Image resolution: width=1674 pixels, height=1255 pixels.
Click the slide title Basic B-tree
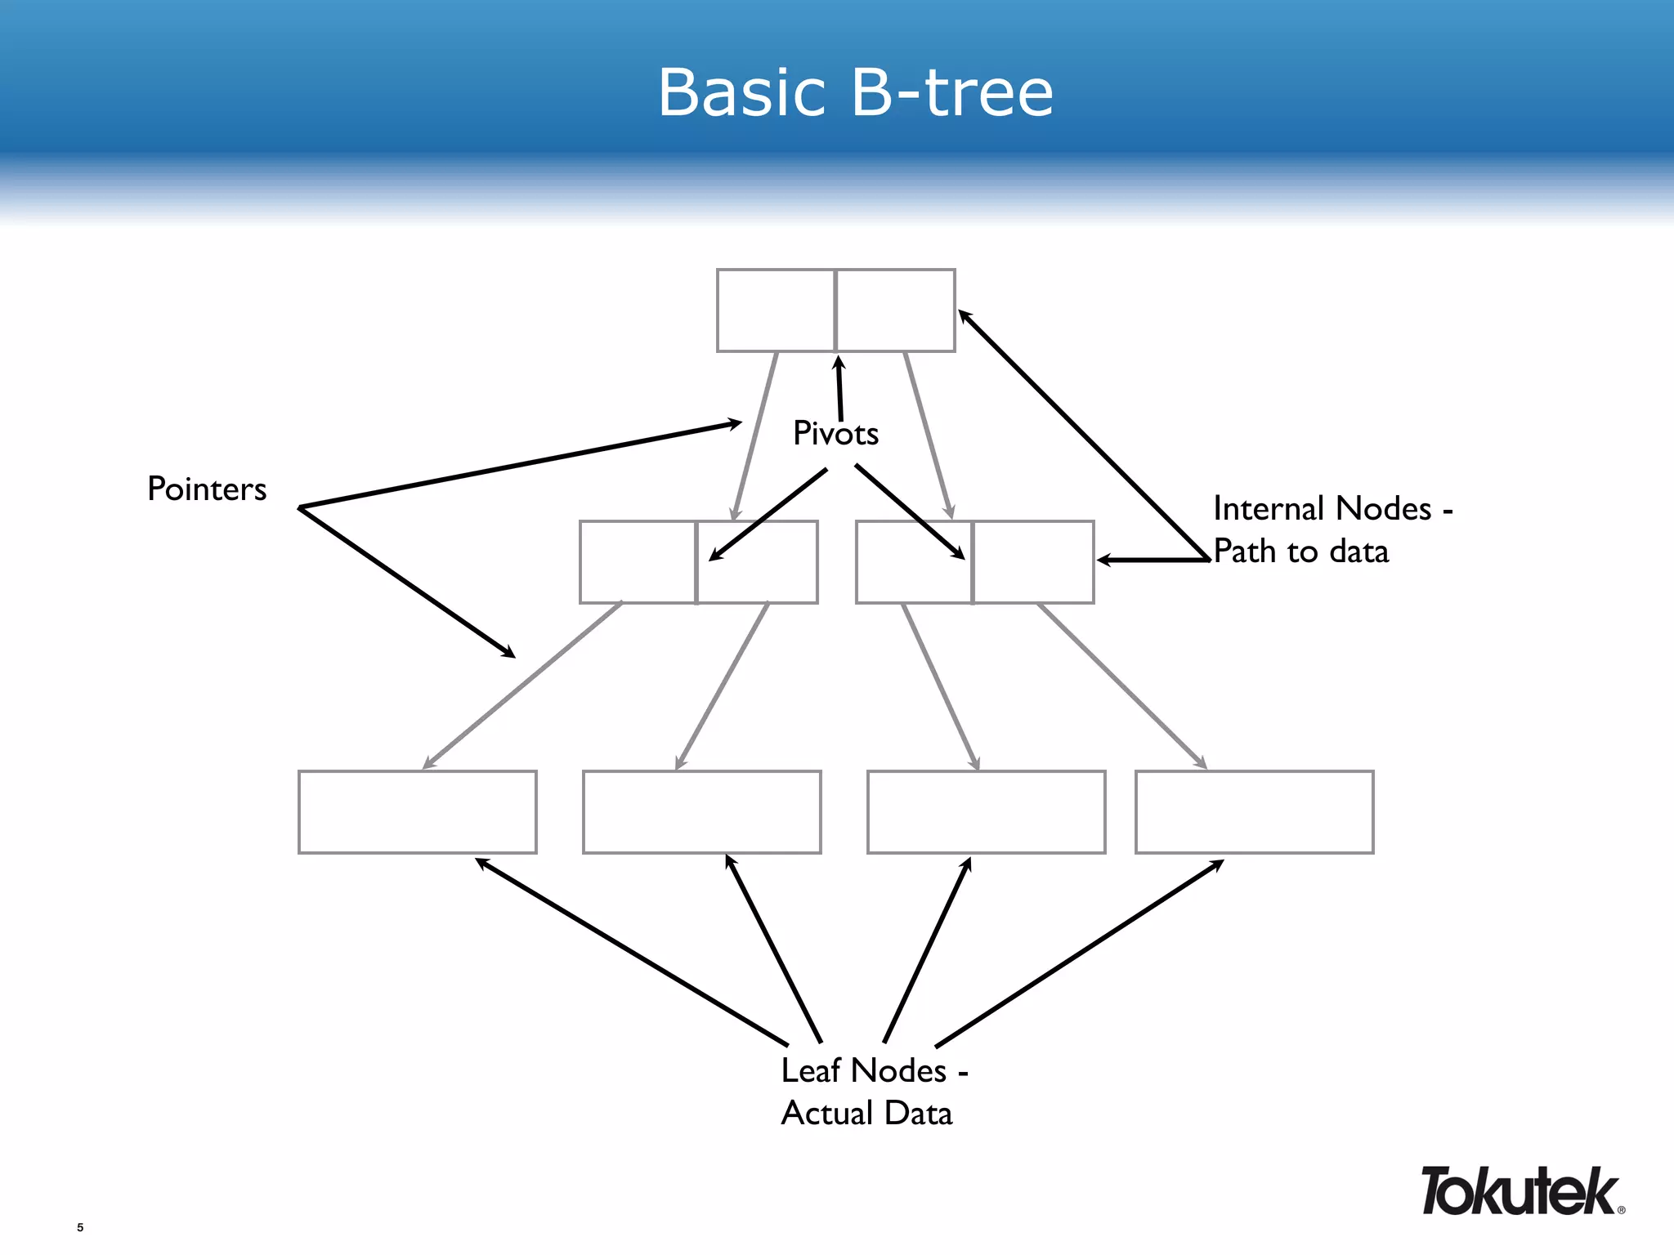[x=855, y=92]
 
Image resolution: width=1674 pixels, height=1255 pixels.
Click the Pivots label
[x=835, y=434]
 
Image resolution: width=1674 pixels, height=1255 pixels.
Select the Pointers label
[x=207, y=489]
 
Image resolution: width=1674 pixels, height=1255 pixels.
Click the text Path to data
[x=1300, y=552]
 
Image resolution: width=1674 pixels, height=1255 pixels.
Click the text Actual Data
[x=866, y=1113]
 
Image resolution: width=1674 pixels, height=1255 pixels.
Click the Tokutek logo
[x=1520, y=1191]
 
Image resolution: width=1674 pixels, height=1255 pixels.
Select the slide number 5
[x=80, y=1227]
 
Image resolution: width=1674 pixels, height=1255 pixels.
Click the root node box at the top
[x=835, y=310]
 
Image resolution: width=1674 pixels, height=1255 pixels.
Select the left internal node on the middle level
[x=698, y=562]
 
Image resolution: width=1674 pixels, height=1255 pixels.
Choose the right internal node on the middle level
[x=974, y=562]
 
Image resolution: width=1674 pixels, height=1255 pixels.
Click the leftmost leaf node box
[x=417, y=811]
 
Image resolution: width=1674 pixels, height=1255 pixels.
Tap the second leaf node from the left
[x=701, y=811]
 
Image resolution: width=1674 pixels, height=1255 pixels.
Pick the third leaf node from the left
[x=986, y=811]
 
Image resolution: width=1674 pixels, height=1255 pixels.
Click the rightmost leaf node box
[x=1254, y=811]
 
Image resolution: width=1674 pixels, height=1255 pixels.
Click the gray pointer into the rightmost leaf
[x=1121, y=686]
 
